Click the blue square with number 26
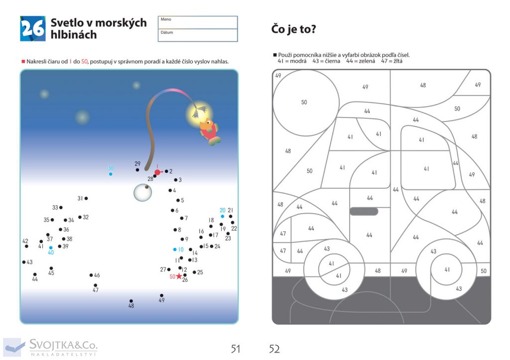coord(32,28)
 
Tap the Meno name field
coord(198,22)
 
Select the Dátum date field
coord(198,35)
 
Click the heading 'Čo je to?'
coord(293,29)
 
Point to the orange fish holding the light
coord(209,131)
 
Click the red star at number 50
coord(179,276)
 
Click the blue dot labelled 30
coord(111,174)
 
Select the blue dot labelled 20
coord(223,216)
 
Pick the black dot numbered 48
coord(131,301)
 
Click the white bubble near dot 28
coord(143,193)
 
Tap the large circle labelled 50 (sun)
coord(306,103)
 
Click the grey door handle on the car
coord(364,212)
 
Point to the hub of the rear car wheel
coord(446,269)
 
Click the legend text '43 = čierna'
coord(326,61)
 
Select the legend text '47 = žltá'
coord(391,61)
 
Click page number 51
coord(236,349)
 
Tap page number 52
coord(274,349)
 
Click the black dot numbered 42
coord(26,246)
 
